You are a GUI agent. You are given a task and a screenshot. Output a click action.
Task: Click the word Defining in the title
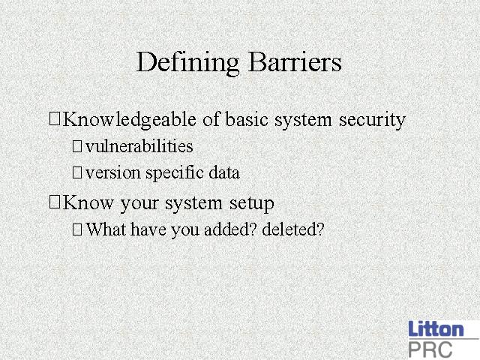[x=187, y=63]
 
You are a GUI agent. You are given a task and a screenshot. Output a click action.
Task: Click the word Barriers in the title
[x=295, y=61]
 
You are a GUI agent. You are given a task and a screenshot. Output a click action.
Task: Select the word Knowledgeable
[x=130, y=120]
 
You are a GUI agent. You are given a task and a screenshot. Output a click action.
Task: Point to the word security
[x=372, y=120]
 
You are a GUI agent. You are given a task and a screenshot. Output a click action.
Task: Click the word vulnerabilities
[x=139, y=146]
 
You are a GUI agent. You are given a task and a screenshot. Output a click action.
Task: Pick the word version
[x=113, y=173]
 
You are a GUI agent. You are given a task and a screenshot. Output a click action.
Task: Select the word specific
[x=175, y=173]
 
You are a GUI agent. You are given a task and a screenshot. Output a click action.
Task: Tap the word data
[x=224, y=172]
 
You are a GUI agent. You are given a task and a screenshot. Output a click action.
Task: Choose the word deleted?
[x=293, y=229]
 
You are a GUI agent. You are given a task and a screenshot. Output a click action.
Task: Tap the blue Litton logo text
[x=436, y=329]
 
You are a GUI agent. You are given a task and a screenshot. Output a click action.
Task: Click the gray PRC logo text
[x=430, y=349]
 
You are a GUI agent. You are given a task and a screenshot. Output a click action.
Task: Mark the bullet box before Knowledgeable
[x=55, y=118]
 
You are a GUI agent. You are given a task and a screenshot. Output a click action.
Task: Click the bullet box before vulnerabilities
[x=77, y=146]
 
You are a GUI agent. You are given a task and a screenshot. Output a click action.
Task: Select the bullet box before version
[x=77, y=172]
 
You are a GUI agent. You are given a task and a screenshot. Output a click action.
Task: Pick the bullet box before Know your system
[x=55, y=202]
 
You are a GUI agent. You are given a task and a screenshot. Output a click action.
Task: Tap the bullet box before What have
[x=77, y=229]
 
